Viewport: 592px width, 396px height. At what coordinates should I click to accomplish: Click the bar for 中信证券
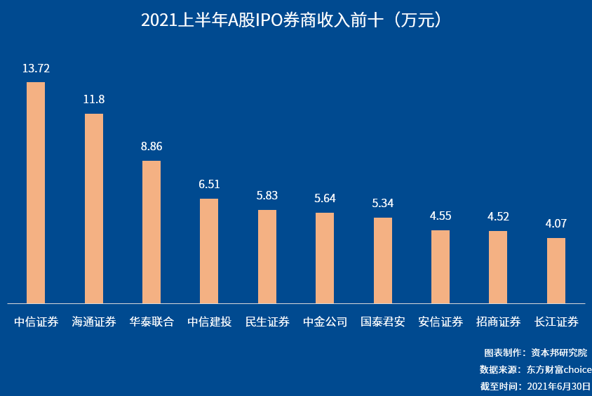(x=36, y=192)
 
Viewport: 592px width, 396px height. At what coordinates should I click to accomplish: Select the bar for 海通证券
(x=94, y=209)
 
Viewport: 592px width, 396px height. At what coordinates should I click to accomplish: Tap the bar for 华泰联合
(x=152, y=232)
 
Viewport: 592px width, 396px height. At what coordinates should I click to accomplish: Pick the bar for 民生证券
(x=267, y=256)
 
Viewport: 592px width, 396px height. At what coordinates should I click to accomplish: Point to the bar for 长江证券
(x=556, y=270)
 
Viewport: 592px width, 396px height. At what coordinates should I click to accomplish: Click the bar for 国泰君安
(x=383, y=260)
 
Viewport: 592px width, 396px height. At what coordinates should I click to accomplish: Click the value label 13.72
(x=36, y=69)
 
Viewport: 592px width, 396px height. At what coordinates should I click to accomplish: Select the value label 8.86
(x=152, y=147)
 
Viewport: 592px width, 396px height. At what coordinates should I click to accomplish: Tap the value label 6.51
(x=209, y=185)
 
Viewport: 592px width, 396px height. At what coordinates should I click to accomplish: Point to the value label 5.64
(x=325, y=199)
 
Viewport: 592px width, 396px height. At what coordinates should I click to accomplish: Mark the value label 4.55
(x=440, y=216)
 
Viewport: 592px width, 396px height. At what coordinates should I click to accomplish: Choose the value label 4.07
(x=556, y=224)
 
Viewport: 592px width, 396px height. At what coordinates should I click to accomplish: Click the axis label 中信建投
(x=209, y=322)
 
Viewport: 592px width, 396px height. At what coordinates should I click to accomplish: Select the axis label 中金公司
(x=325, y=322)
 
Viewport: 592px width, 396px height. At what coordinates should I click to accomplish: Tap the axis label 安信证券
(x=440, y=322)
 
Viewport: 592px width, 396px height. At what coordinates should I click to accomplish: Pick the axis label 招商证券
(x=499, y=322)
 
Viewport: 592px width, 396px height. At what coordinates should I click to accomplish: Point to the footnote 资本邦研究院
(x=558, y=353)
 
